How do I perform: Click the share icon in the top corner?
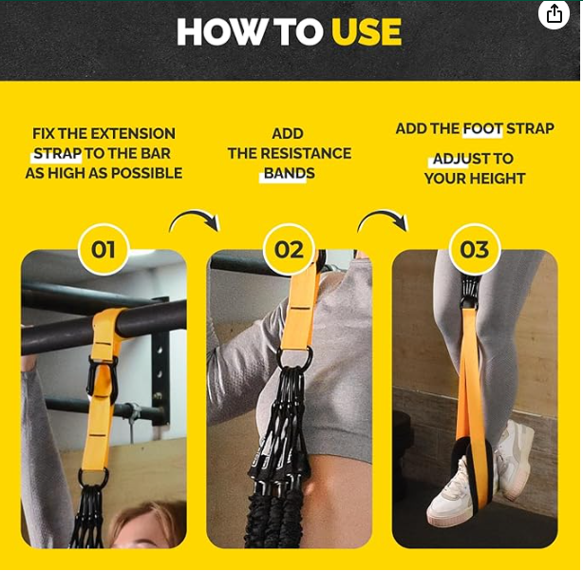[x=554, y=13]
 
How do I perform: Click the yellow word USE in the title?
[x=366, y=32]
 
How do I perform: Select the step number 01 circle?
[x=103, y=250]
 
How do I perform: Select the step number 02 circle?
[x=289, y=250]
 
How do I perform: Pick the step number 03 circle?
[x=474, y=250]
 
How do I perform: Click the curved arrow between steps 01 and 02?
[x=195, y=220]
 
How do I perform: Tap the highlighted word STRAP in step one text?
[x=57, y=154]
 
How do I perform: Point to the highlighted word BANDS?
[x=289, y=174]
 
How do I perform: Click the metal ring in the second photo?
[x=295, y=359]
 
